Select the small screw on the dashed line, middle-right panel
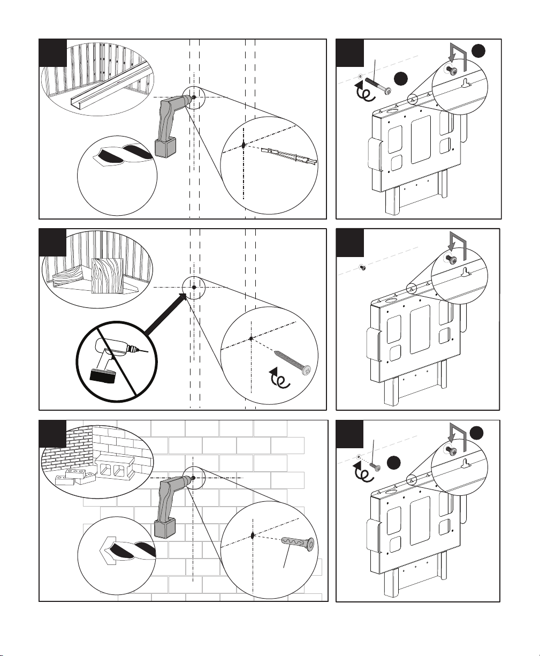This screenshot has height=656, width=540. coord(362,266)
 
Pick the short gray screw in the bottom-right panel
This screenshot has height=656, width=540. coord(375,466)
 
